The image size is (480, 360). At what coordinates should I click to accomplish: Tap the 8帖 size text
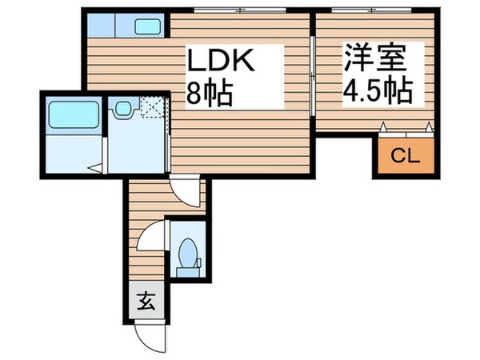210,94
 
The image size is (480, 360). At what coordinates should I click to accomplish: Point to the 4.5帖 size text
377,92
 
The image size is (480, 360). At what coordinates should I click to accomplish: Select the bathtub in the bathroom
73,115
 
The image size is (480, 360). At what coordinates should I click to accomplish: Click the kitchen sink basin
147,26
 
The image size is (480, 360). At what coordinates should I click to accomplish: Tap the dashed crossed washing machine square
152,106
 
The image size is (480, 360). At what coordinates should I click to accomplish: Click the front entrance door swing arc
149,334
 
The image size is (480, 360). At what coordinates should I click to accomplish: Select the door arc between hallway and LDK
186,192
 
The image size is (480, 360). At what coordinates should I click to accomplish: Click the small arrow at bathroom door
94,168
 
